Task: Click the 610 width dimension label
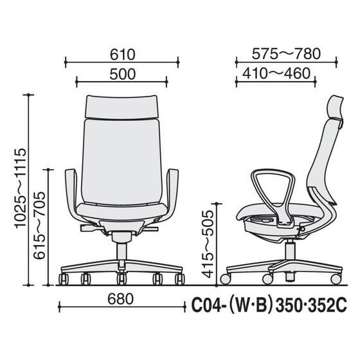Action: [x=122, y=55]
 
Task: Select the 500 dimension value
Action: [x=122, y=74]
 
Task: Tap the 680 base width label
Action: [x=121, y=299]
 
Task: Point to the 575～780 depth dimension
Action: [x=286, y=54]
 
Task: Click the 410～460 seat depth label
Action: [x=276, y=73]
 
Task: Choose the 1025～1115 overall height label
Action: [x=21, y=188]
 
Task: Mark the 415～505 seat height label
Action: [x=208, y=244]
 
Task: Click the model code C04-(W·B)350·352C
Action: [x=269, y=305]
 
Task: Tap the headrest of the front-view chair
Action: [x=122, y=107]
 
